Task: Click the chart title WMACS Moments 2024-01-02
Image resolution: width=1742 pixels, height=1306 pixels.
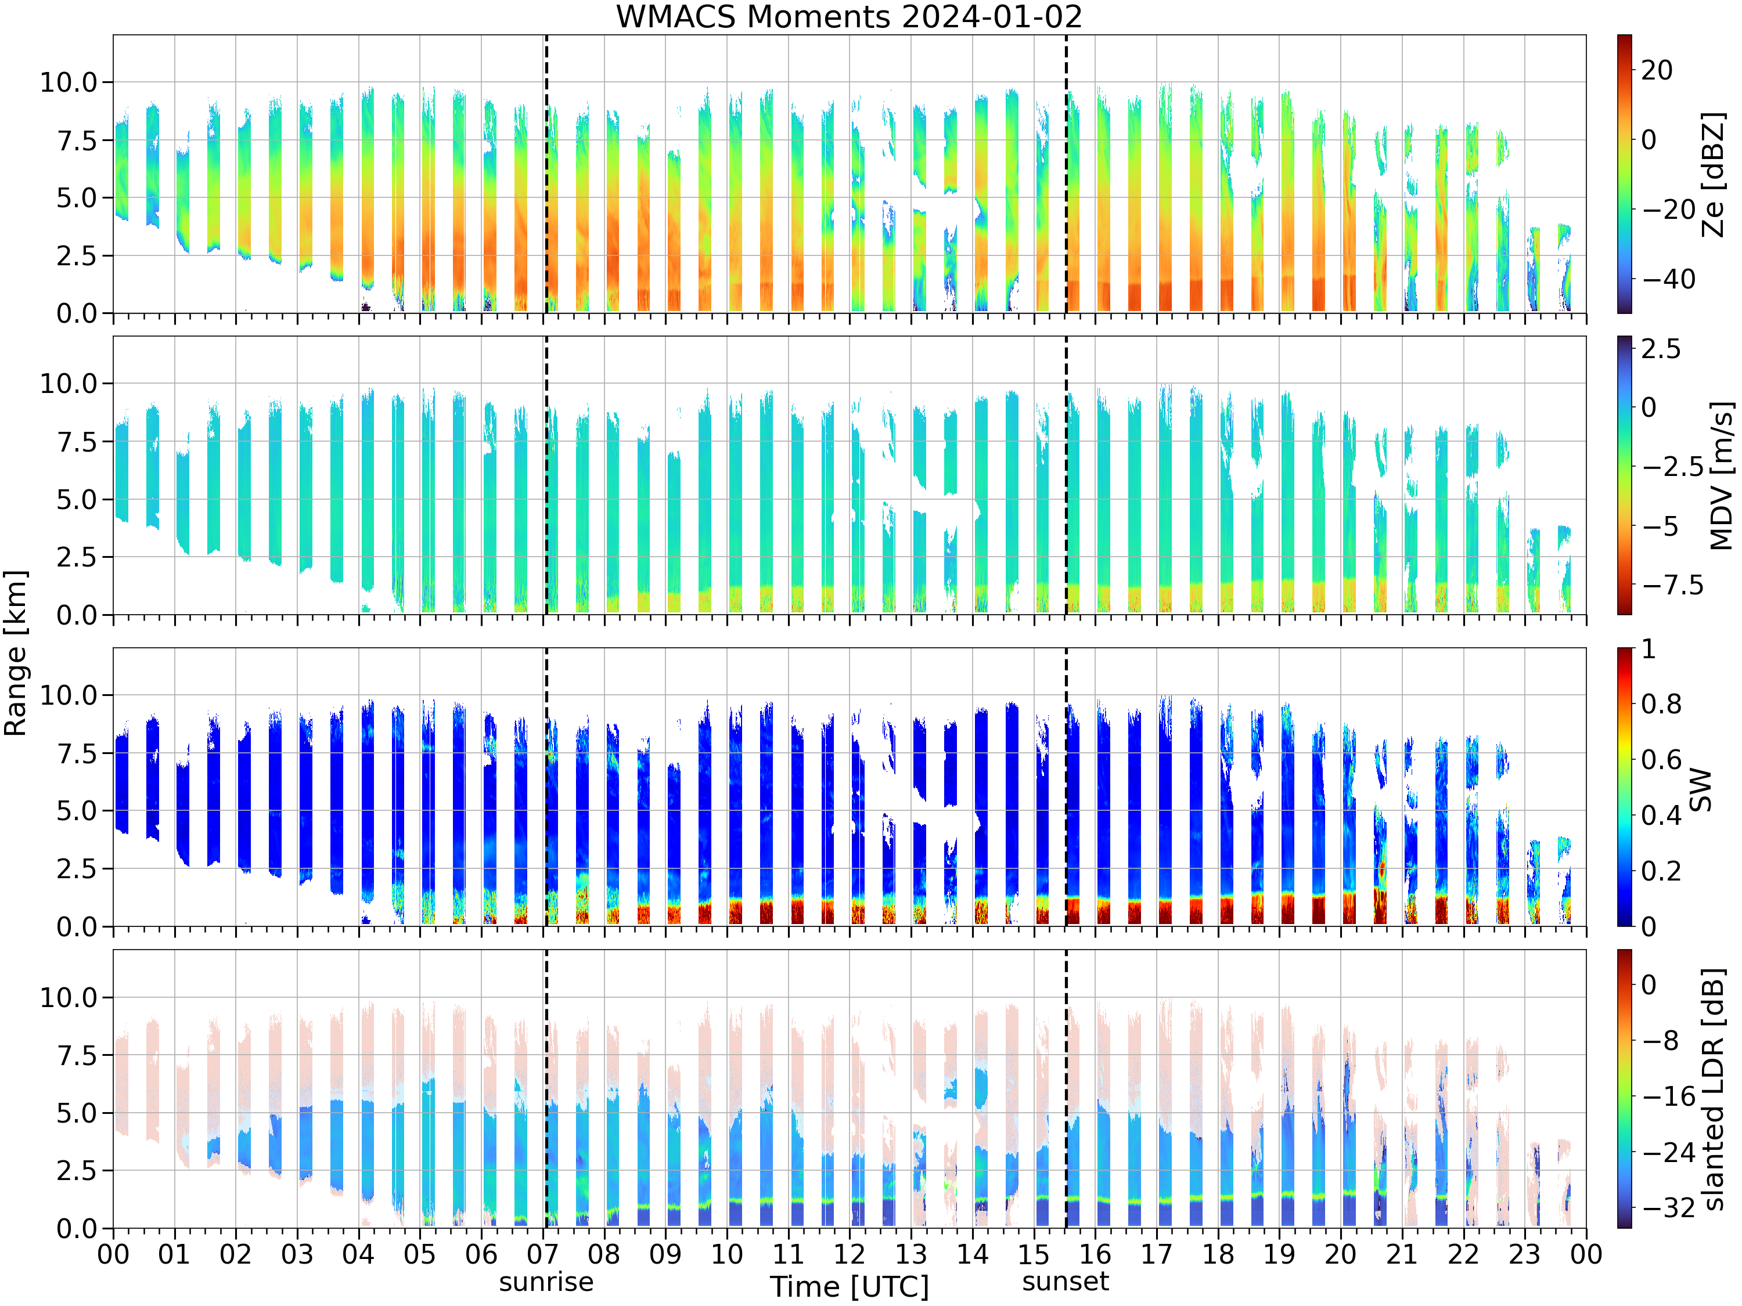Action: (849, 16)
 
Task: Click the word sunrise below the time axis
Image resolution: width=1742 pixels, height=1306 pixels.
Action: (546, 1282)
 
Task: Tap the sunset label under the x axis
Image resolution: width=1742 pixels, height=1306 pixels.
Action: (1066, 1282)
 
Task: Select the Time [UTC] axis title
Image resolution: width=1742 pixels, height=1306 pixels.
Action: (849, 1287)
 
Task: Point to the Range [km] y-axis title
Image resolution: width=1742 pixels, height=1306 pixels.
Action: (15, 654)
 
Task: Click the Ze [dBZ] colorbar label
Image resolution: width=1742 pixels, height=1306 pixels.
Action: (1714, 175)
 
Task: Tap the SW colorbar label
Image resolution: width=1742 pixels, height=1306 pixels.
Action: (1701, 789)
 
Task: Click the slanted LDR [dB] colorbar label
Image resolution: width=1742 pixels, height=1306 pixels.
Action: (1714, 1089)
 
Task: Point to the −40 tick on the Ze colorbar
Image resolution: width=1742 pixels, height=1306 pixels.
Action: (1669, 279)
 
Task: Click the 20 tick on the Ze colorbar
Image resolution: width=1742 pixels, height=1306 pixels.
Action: (1657, 70)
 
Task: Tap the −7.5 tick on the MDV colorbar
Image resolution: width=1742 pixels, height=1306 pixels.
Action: (1673, 585)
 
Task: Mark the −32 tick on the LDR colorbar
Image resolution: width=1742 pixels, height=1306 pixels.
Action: (1669, 1207)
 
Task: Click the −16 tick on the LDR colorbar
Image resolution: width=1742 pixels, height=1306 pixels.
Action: (1669, 1096)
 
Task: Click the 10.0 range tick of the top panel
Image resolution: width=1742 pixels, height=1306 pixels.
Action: (68, 82)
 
